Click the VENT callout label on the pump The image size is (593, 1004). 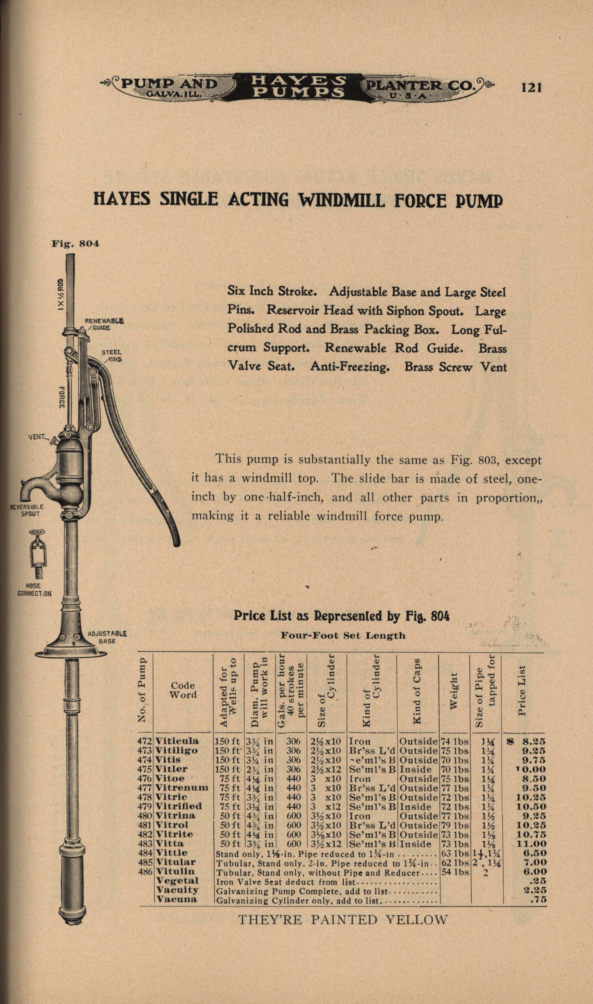pos(37,437)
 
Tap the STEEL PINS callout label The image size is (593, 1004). pos(112,356)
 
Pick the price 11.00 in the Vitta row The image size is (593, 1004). pos(531,843)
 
